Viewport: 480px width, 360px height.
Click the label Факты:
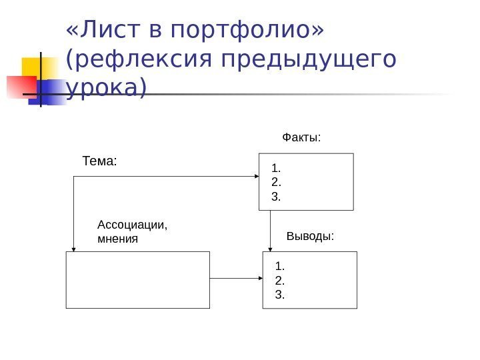301,138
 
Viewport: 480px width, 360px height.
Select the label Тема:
99,161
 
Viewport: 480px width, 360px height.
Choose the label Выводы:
309,236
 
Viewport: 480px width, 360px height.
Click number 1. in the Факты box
277,167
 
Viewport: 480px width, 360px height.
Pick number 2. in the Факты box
277,182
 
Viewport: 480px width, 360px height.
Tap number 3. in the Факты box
277,197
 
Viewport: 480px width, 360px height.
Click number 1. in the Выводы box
279,267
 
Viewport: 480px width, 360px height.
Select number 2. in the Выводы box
279,280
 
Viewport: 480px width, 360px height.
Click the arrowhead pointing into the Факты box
255,176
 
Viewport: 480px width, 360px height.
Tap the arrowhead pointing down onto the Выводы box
270,247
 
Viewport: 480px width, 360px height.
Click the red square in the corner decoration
21,86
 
